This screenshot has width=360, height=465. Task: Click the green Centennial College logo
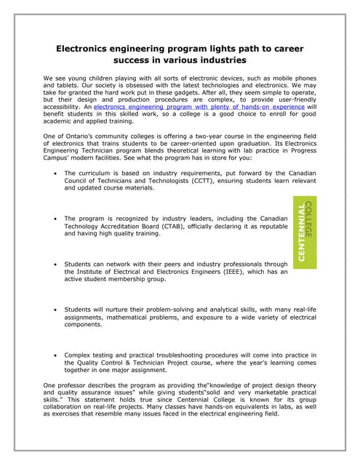305,232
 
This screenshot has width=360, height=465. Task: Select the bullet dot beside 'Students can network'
56,264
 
